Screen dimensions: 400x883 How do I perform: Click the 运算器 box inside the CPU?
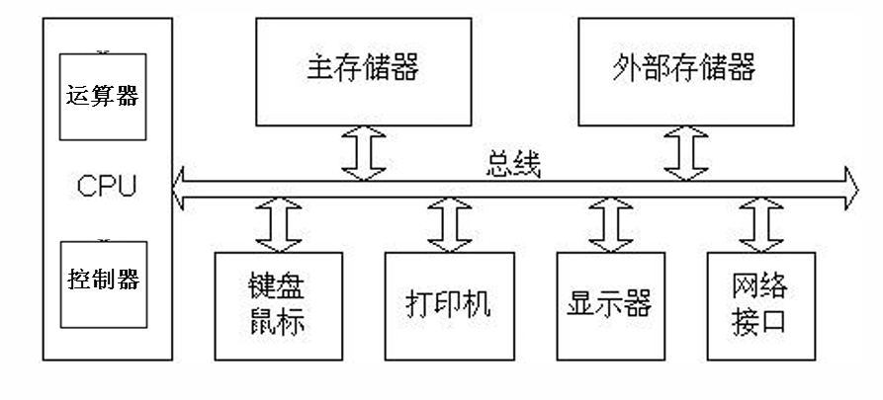(x=103, y=97)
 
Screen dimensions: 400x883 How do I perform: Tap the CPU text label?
(x=106, y=186)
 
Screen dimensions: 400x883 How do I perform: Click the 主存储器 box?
(x=363, y=70)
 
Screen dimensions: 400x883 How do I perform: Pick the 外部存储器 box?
(x=684, y=70)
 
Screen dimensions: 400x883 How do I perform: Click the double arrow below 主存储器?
(x=363, y=152)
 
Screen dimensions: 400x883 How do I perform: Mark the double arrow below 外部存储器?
(x=684, y=152)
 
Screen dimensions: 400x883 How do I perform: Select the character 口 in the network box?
(x=774, y=322)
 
